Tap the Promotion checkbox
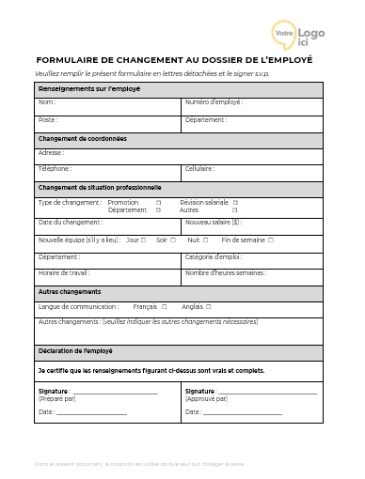pos(158,202)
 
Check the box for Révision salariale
pos(235,202)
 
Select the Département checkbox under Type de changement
pos(158,210)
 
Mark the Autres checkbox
pos(235,210)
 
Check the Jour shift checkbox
pos(143,239)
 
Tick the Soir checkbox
pos(174,239)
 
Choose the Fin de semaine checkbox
pos(271,239)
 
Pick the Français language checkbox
pos(164,306)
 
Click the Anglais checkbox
pos(208,306)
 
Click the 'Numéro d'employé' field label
pos(214,101)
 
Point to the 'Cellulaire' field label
pos(200,169)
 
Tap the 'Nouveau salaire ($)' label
pos(214,223)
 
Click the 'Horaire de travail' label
pos(64,272)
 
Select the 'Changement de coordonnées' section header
pos(83,139)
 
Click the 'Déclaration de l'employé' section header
pos(75,351)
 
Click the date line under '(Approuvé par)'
pos(243,413)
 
